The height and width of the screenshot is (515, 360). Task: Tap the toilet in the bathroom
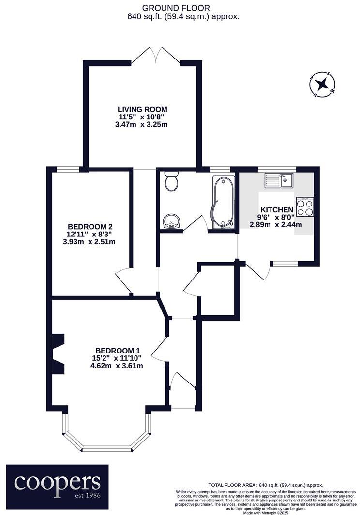(171, 182)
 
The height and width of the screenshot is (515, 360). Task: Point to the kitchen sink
(279, 181)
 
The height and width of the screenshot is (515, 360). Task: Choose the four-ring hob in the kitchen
(304, 207)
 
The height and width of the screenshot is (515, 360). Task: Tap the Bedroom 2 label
(90, 226)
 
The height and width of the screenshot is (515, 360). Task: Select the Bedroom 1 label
(118, 351)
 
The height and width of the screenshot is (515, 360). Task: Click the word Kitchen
(277, 209)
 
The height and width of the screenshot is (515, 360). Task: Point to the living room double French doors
(155, 55)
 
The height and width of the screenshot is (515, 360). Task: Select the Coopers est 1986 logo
(57, 484)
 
